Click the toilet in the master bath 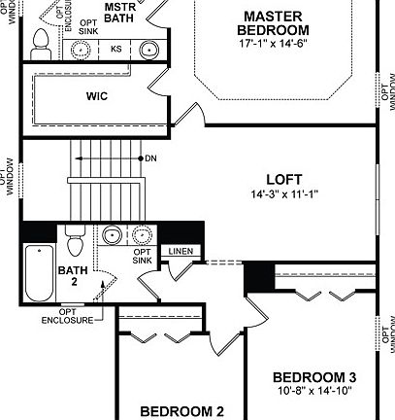pos(41,39)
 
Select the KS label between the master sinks pos(116,48)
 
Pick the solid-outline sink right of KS pos(149,49)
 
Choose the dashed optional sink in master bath pos(81,49)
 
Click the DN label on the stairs pos(150,157)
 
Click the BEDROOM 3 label pos(313,377)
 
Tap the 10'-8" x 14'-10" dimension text pos(313,391)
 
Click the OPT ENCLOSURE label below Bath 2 pos(67,318)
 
